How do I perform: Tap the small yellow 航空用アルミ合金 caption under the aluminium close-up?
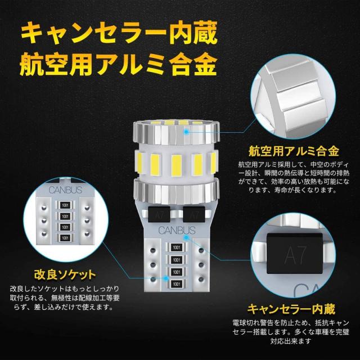pyautogui.click(x=294, y=151)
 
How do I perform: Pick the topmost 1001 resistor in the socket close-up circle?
pyautogui.click(x=66, y=205)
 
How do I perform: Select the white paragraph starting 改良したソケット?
pyautogui.click(x=64, y=298)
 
